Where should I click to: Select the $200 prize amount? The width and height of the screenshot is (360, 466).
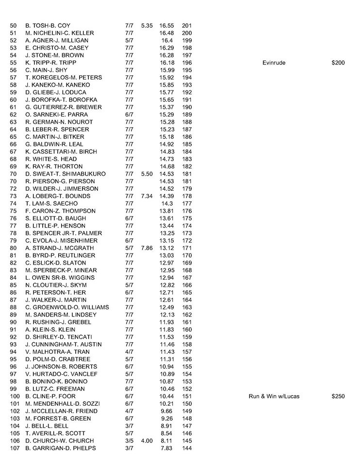pyautogui.click(x=338, y=63)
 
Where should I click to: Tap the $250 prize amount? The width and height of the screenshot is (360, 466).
pyautogui.click(x=338, y=396)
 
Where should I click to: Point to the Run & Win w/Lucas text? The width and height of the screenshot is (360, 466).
pyautogui.click(x=274, y=396)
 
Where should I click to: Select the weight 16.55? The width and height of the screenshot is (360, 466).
pyautogui.click(x=166, y=25)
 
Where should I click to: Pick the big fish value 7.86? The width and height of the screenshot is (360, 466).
pyautogui.click(x=146, y=248)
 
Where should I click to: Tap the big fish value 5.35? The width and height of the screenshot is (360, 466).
pyautogui.click(x=146, y=25)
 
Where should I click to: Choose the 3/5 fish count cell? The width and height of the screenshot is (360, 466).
pyautogui.click(x=129, y=441)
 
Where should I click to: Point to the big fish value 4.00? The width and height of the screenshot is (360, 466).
pyautogui.click(x=146, y=441)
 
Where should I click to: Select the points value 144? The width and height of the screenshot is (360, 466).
pyautogui.click(x=187, y=448)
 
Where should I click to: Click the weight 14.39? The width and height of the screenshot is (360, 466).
pyautogui.click(x=166, y=196)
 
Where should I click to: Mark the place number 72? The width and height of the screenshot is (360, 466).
pyautogui.click(x=13, y=188)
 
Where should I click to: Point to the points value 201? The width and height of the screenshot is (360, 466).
pyautogui.click(x=187, y=25)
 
